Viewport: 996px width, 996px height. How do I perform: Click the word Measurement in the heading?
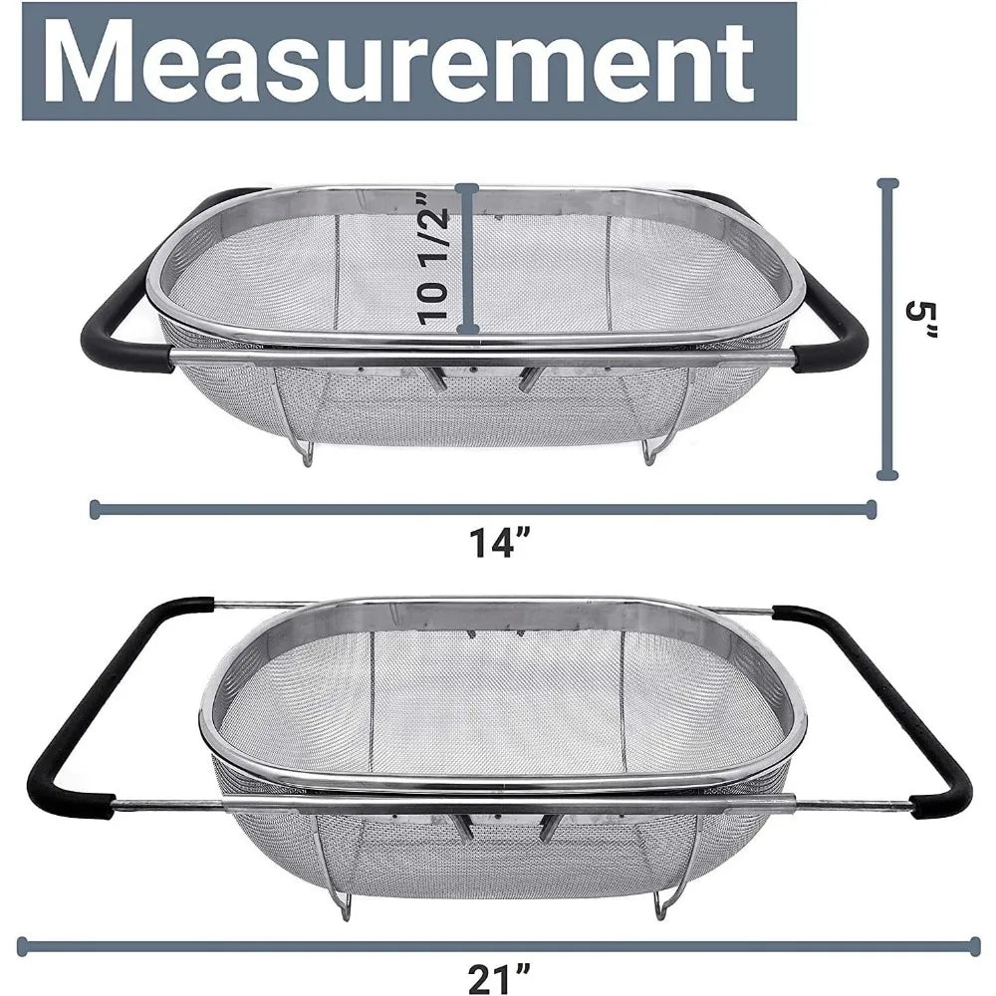[398, 62]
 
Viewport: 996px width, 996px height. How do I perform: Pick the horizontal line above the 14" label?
[483, 509]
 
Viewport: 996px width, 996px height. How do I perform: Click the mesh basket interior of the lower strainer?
[498, 697]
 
